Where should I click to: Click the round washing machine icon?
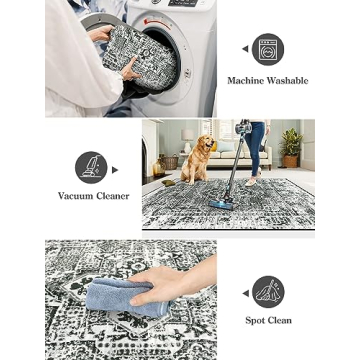point(267,49)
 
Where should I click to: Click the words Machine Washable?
point(267,80)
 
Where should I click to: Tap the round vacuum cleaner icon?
point(91,167)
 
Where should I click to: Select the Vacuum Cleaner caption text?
point(93,196)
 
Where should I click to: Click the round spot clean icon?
point(268,292)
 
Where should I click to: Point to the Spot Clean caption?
point(268,321)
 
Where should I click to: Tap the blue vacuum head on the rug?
point(220,203)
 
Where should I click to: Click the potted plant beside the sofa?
point(291,145)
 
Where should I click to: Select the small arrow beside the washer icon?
point(245,48)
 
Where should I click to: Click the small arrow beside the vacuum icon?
point(114,169)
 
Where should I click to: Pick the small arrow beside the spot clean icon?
point(245,293)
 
